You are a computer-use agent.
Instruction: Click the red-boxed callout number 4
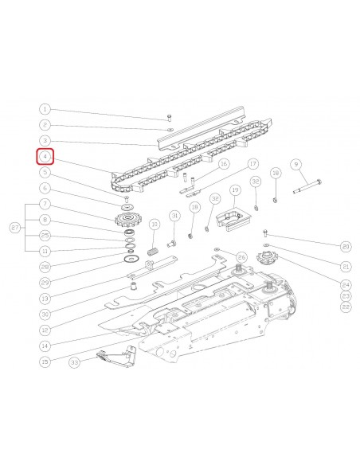point(45,156)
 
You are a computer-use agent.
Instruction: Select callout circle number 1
point(45,109)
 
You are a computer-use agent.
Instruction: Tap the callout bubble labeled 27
point(14,228)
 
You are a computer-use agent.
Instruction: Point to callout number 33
point(75,363)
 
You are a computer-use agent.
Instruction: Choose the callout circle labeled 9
point(296,164)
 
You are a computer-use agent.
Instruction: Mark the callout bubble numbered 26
point(241,256)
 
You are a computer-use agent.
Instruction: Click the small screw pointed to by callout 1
point(170,118)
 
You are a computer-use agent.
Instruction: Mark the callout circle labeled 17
point(252,164)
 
